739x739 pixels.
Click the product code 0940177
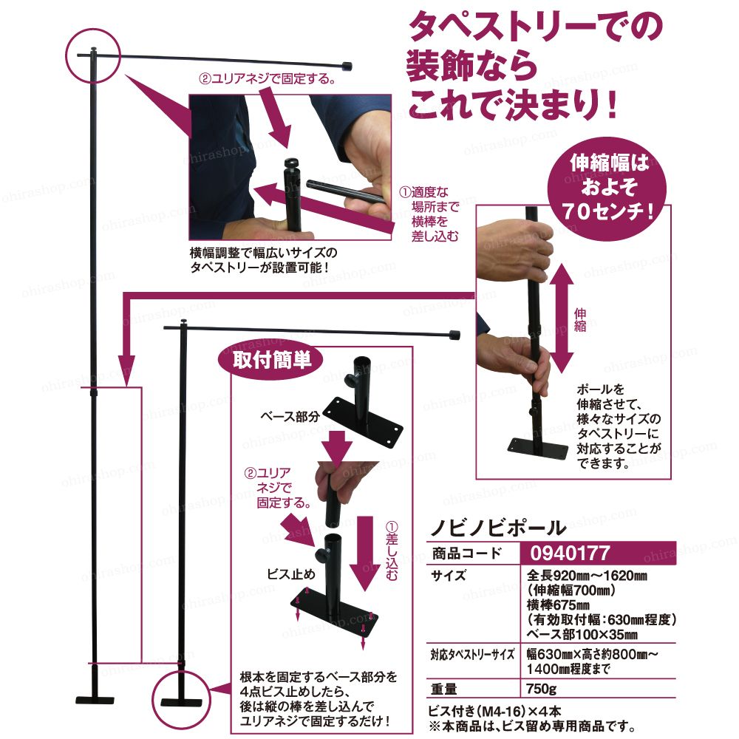tap(570, 552)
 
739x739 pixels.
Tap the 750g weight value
tap(542, 689)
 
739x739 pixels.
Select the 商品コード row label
tap(467, 553)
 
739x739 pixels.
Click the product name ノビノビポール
tap(497, 528)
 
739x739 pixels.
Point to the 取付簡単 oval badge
tap(271, 361)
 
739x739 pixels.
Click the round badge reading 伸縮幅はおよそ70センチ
tap(607, 188)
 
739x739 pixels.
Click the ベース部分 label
tap(290, 416)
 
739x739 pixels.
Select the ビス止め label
tap(290, 573)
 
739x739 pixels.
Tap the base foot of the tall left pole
tap(95, 700)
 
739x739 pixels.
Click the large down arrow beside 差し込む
tap(364, 554)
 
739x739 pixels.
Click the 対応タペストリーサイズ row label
tap(472, 654)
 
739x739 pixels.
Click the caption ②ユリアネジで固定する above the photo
tap(268, 78)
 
